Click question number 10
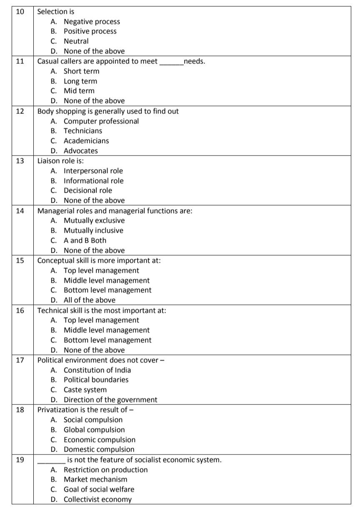point(20,12)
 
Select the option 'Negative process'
point(92,22)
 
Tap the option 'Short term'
point(81,71)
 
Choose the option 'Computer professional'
point(101,121)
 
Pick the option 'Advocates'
point(81,151)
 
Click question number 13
point(20,161)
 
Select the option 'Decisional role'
point(88,191)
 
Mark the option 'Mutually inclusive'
point(93,231)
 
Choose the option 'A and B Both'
point(85,241)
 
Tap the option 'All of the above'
point(90,300)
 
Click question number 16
point(20,310)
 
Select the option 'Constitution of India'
point(97,370)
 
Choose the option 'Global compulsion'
point(94,430)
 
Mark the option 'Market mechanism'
point(95,479)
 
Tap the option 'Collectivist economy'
point(97,499)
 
